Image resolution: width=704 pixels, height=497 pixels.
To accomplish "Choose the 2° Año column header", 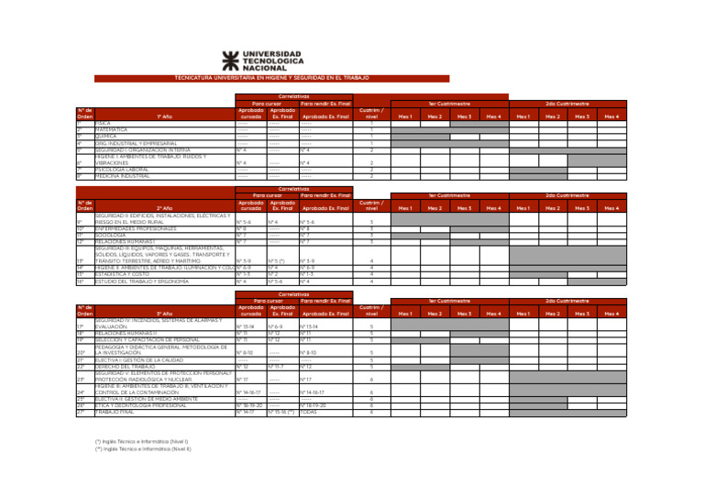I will coord(164,208).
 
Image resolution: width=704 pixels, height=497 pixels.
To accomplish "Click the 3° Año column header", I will coord(164,314).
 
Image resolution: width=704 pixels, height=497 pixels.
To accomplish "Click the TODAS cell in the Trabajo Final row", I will coord(312,412).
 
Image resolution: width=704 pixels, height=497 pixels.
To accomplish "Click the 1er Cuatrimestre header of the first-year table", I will coord(449,105).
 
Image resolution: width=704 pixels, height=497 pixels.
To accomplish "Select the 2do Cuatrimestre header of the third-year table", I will coord(567,300).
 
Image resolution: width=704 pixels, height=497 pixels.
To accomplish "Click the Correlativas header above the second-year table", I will coord(293,189).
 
